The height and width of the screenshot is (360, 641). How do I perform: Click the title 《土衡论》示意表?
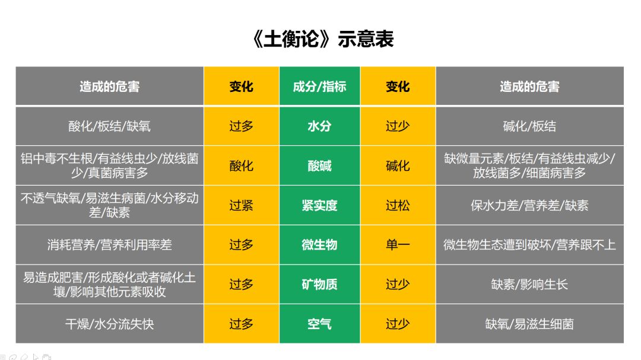323,39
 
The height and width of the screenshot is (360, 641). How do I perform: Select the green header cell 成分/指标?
320,86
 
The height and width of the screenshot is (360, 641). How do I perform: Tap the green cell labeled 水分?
320,126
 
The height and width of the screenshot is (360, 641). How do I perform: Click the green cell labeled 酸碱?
320,165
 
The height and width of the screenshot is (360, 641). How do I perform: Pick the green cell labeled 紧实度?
320,205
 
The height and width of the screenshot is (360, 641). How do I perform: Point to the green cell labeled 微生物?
320,245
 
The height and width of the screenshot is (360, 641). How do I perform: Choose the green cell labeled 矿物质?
320,285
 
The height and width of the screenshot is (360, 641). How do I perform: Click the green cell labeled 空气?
320,324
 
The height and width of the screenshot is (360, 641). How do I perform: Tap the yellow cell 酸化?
241,165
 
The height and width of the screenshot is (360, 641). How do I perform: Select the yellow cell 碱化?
398,165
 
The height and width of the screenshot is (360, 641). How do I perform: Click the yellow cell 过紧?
241,205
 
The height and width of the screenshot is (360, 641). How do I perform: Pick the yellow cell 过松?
398,205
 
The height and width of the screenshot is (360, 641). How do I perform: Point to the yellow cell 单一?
398,245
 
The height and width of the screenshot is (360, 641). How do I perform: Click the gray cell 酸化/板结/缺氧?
110,126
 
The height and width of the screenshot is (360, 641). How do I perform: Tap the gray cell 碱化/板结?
530,126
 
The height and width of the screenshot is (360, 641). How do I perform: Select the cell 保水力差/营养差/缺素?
530,205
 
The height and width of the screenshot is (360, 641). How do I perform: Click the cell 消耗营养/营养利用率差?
110,245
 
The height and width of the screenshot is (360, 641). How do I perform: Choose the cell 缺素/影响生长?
530,285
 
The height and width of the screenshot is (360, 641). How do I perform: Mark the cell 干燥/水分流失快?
110,324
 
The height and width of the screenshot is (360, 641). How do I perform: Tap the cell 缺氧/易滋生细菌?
530,324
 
